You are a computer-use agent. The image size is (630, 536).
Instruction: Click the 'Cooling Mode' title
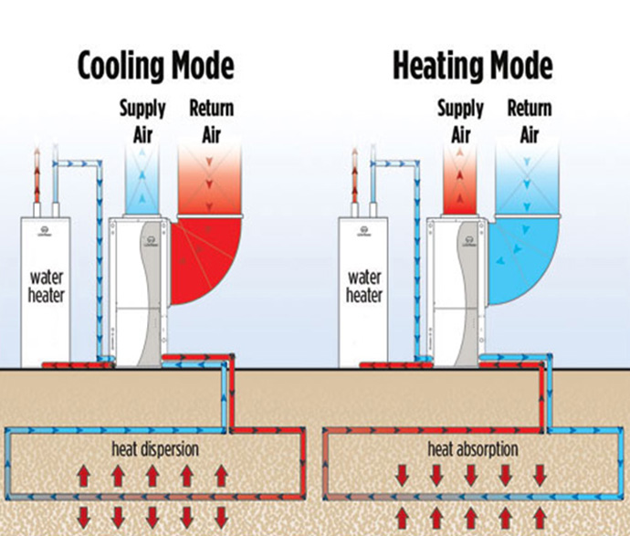tap(156, 67)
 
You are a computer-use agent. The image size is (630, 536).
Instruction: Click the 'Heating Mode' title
tap(472, 67)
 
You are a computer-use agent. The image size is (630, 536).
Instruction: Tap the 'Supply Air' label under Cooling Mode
tap(143, 120)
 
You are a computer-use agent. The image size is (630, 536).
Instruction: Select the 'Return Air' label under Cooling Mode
tap(211, 120)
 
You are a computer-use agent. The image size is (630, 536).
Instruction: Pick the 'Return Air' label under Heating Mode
tap(530, 120)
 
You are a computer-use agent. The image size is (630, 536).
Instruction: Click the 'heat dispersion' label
tap(155, 449)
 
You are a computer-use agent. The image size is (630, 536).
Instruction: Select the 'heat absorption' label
tap(474, 449)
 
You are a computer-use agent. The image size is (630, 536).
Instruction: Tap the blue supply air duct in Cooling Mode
tap(143, 183)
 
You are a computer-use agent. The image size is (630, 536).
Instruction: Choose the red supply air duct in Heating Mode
tap(462, 183)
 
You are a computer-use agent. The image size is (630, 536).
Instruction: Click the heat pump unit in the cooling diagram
tap(138, 292)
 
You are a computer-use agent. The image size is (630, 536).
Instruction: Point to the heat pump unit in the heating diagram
tap(456, 292)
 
